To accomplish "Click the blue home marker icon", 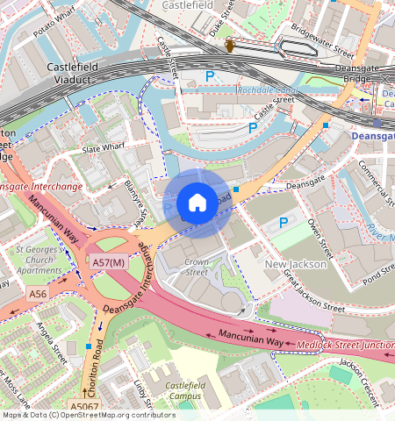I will point(197,203).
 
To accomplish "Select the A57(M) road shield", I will point(110,262).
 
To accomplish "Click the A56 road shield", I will point(37,293).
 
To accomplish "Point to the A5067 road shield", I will point(85,408).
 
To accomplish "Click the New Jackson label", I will point(297,264).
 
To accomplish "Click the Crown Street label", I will point(197,267).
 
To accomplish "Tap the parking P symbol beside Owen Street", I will point(283,224).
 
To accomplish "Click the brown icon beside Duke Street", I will point(230,45).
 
